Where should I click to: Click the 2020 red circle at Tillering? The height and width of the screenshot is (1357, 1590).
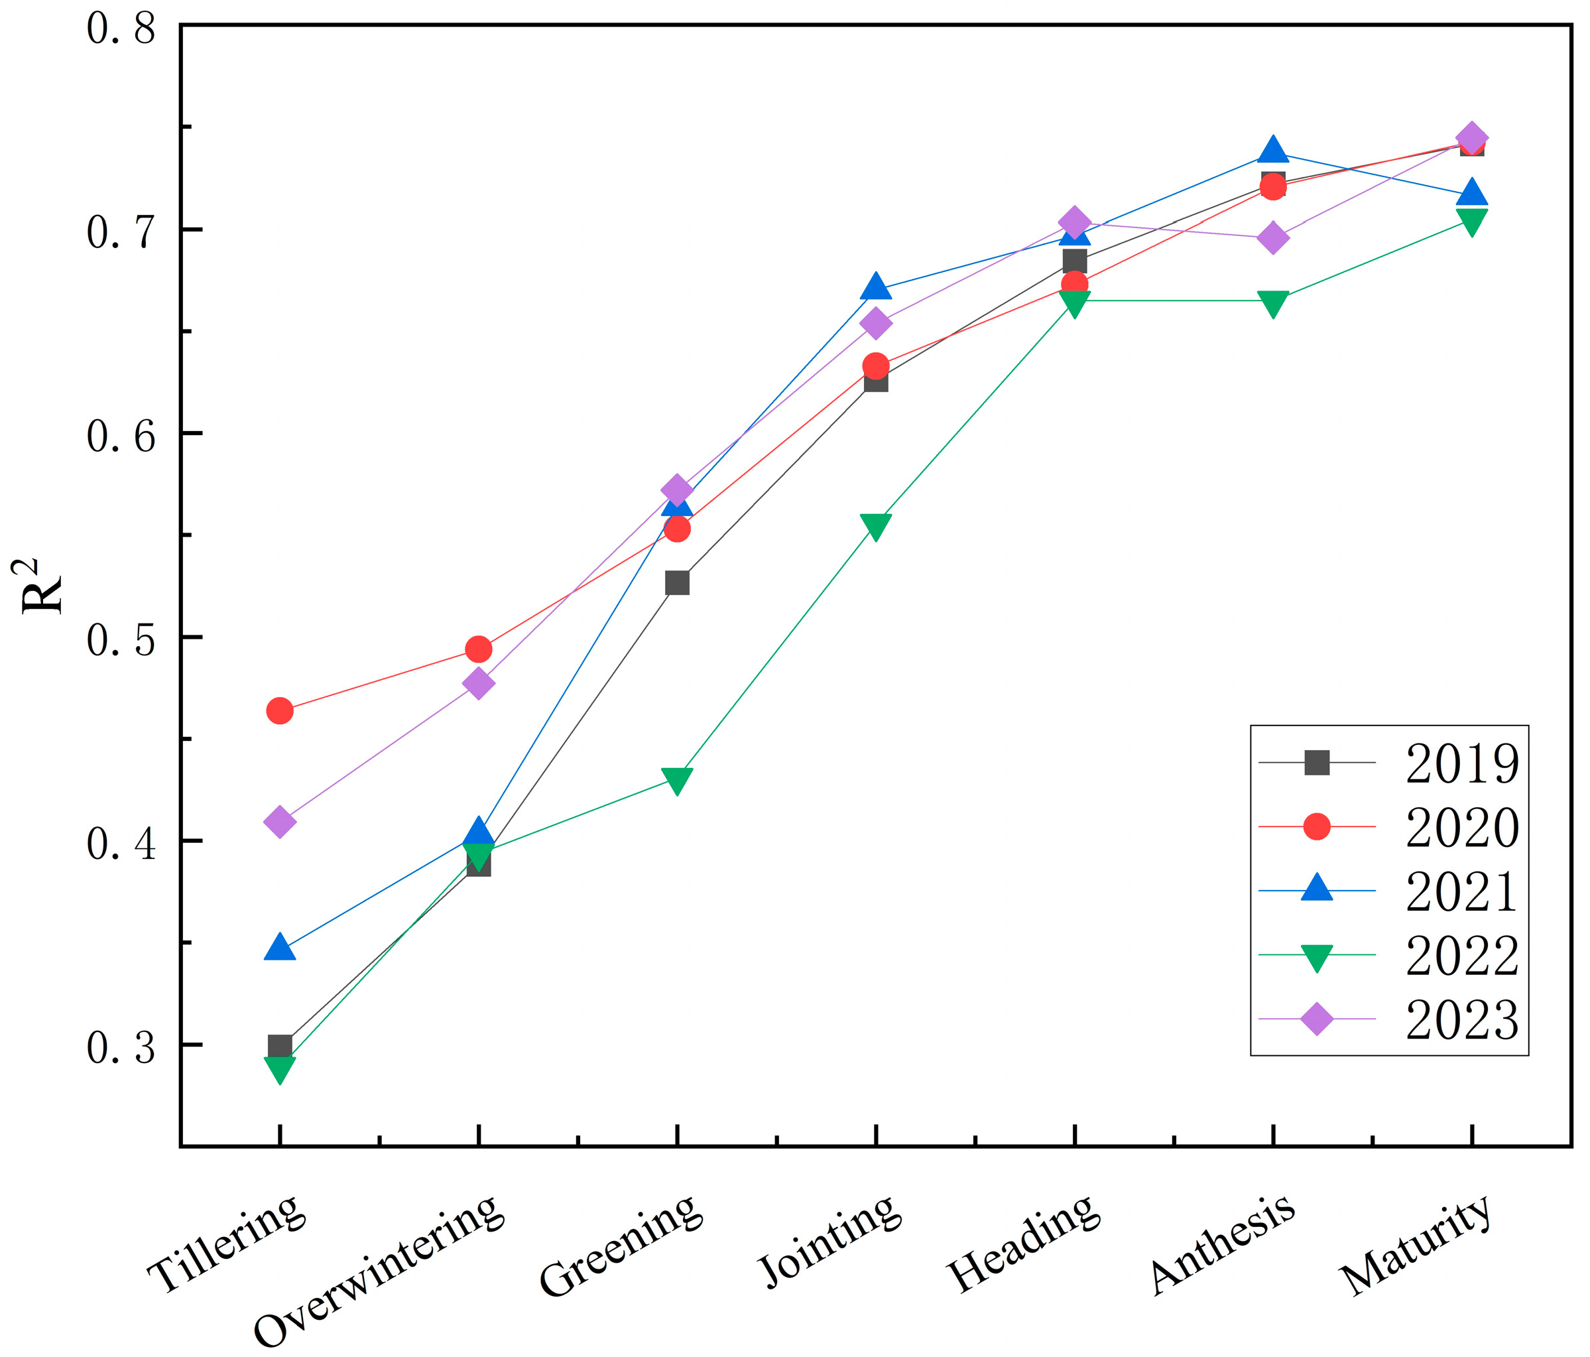point(279,712)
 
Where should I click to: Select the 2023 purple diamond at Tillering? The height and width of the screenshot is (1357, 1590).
point(279,822)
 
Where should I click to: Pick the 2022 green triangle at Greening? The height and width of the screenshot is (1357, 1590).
point(677,780)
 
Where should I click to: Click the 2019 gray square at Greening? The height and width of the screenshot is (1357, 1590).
point(677,584)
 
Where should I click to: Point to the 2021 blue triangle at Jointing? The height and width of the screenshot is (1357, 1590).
point(876,288)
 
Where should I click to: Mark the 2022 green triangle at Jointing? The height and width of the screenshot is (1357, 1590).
point(876,526)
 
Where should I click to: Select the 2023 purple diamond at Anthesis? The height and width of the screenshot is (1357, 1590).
point(1273,238)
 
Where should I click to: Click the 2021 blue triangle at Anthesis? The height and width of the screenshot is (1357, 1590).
point(1273,151)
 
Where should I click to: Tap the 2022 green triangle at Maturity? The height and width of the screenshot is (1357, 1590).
point(1472,220)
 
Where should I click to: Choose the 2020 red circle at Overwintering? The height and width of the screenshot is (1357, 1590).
point(478,650)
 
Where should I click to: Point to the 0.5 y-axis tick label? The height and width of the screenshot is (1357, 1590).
point(121,639)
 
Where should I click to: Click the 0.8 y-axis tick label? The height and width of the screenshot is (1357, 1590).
point(121,29)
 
